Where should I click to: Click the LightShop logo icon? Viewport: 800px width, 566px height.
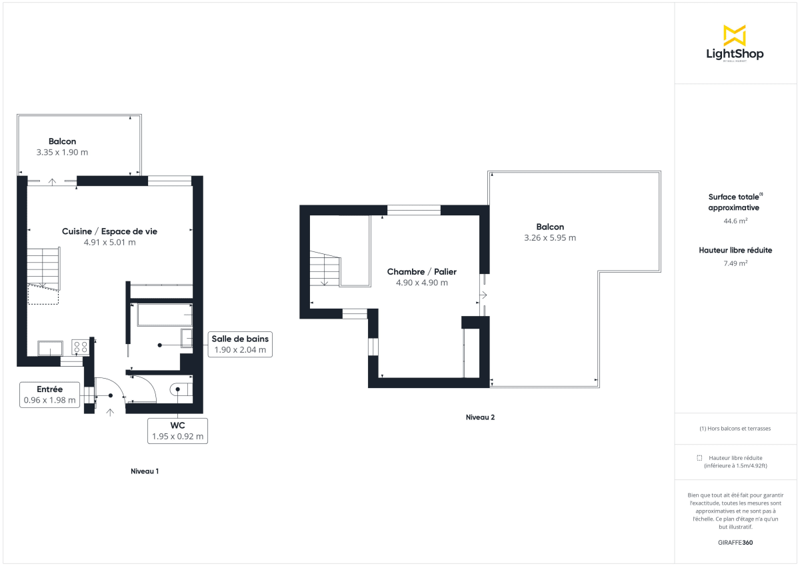click(734, 35)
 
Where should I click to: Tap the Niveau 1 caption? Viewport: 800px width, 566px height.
click(145, 471)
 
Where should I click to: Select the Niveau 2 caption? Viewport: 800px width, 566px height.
click(480, 417)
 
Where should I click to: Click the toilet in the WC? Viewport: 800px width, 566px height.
click(180, 389)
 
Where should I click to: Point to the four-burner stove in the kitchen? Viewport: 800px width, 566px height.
click(81, 347)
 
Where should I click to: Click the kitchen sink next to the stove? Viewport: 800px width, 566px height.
click(51, 348)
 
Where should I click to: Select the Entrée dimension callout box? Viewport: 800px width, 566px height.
click(50, 395)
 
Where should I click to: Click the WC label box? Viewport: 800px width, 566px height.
click(177, 431)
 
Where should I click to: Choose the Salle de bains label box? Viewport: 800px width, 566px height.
click(240, 344)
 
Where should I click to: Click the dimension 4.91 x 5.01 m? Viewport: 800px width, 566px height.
click(109, 242)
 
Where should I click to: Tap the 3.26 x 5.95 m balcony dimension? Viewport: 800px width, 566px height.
click(550, 237)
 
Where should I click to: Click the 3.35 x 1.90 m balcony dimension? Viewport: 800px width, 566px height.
click(62, 152)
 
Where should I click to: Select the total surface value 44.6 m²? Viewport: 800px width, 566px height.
click(735, 221)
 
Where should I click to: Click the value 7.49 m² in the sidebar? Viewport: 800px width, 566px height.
click(735, 263)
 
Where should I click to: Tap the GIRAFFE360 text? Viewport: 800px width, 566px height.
click(735, 543)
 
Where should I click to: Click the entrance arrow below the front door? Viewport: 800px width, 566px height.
click(110, 413)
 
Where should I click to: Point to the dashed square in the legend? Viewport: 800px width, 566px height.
click(699, 458)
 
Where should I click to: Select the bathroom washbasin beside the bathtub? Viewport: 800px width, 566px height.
click(186, 337)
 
